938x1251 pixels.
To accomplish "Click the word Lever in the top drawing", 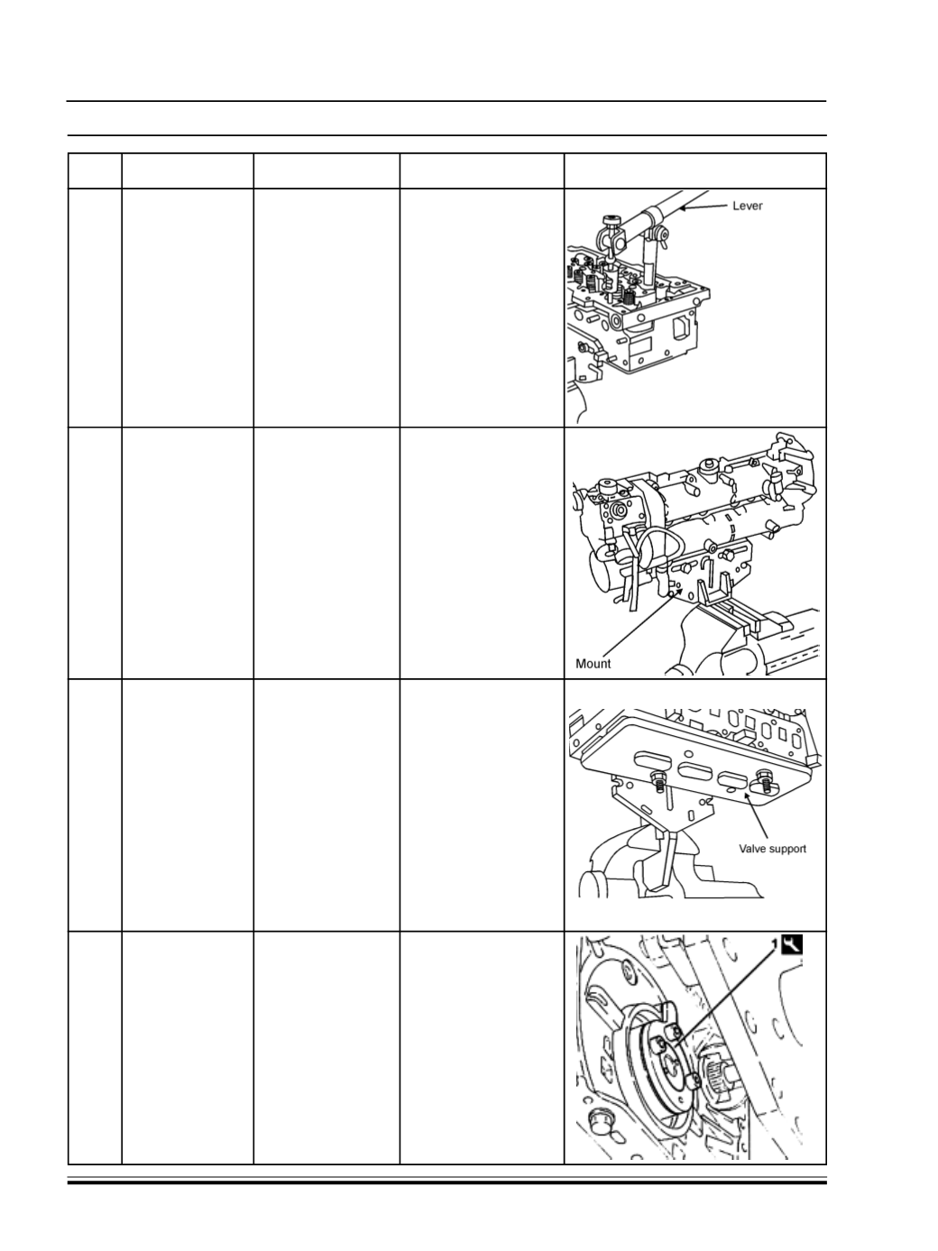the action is click(x=747, y=206).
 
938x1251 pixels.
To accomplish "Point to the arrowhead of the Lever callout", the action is click(x=682, y=208).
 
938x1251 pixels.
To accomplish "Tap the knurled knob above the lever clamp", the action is click(x=611, y=219).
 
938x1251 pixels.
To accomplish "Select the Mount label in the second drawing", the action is click(x=593, y=664).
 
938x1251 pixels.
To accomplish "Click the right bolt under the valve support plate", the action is click(x=764, y=780).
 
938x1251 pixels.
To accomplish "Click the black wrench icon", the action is click(x=792, y=944).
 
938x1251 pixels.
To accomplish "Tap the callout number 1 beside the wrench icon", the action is click(x=775, y=944).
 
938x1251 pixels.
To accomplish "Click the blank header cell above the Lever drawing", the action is click(x=695, y=170).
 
